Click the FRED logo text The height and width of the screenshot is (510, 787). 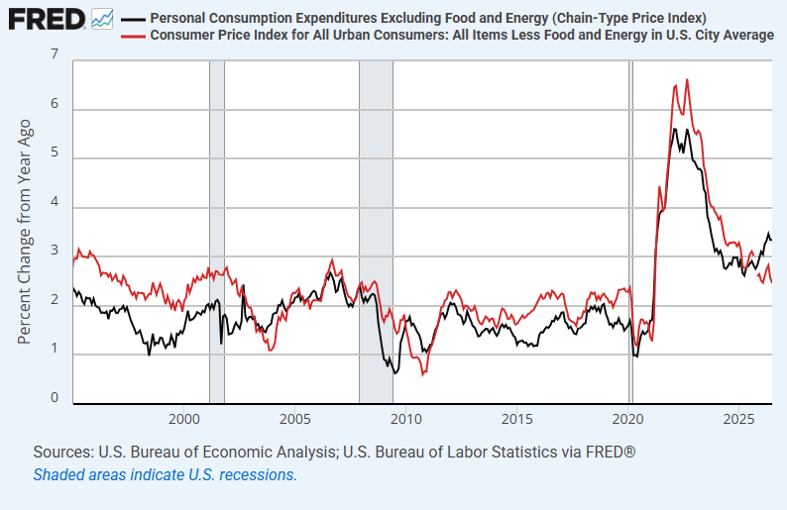pyautogui.click(x=47, y=20)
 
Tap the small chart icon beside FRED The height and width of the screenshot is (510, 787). pyautogui.click(x=102, y=19)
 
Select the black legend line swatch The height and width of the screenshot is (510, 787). pyautogui.click(x=133, y=20)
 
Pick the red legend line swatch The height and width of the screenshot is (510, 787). pyautogui.click(x=133, y=36)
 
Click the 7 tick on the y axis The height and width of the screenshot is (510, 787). pyautogui.click(x=55, y=54)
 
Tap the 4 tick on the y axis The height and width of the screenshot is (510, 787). pyautogui.click(x=55, y=202)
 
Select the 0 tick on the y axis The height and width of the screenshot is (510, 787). pyautogui.click(x=55, y=398)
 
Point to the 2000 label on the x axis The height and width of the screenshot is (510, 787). pyautogui.click(x=184, y=419)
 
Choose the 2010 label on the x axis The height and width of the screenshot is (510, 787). pyautogui.click(x=406, y=419)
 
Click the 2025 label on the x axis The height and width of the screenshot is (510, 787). pyautogui.click(x=738, y=419)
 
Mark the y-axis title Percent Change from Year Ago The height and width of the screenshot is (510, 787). pyautogui.click(x=24, y=232)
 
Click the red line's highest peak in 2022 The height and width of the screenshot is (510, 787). pyautogui.click(x=687, y=79)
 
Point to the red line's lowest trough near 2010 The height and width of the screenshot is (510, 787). pyautogui.click(x=422, y=375)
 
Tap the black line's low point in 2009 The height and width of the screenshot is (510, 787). pyautogui.click(x=395, y=373)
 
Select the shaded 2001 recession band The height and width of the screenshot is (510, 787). pyautogui.click(x=217, y=232)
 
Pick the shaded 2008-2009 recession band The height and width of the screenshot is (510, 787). pyautogui.click(x=376, y=232)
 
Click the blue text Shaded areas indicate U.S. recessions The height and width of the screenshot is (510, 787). pyautogui.click(x=166, y=474)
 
